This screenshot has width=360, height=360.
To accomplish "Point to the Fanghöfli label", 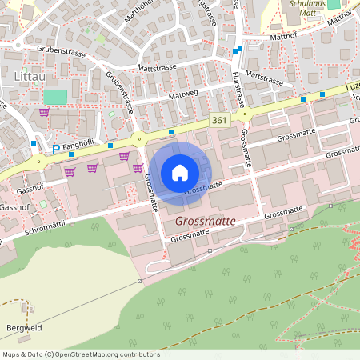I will [79, 144].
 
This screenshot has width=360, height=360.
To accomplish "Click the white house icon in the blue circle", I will [180, 172].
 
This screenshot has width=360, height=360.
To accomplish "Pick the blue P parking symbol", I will [55, 150].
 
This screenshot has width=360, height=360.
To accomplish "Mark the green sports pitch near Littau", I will [55, 97].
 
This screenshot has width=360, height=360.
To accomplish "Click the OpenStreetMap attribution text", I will [80, 354].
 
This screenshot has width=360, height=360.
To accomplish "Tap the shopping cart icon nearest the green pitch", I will [43, 113].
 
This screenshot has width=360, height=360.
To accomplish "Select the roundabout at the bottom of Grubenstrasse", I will [139, 137].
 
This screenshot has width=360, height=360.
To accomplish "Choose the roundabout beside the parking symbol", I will [38, 160].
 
